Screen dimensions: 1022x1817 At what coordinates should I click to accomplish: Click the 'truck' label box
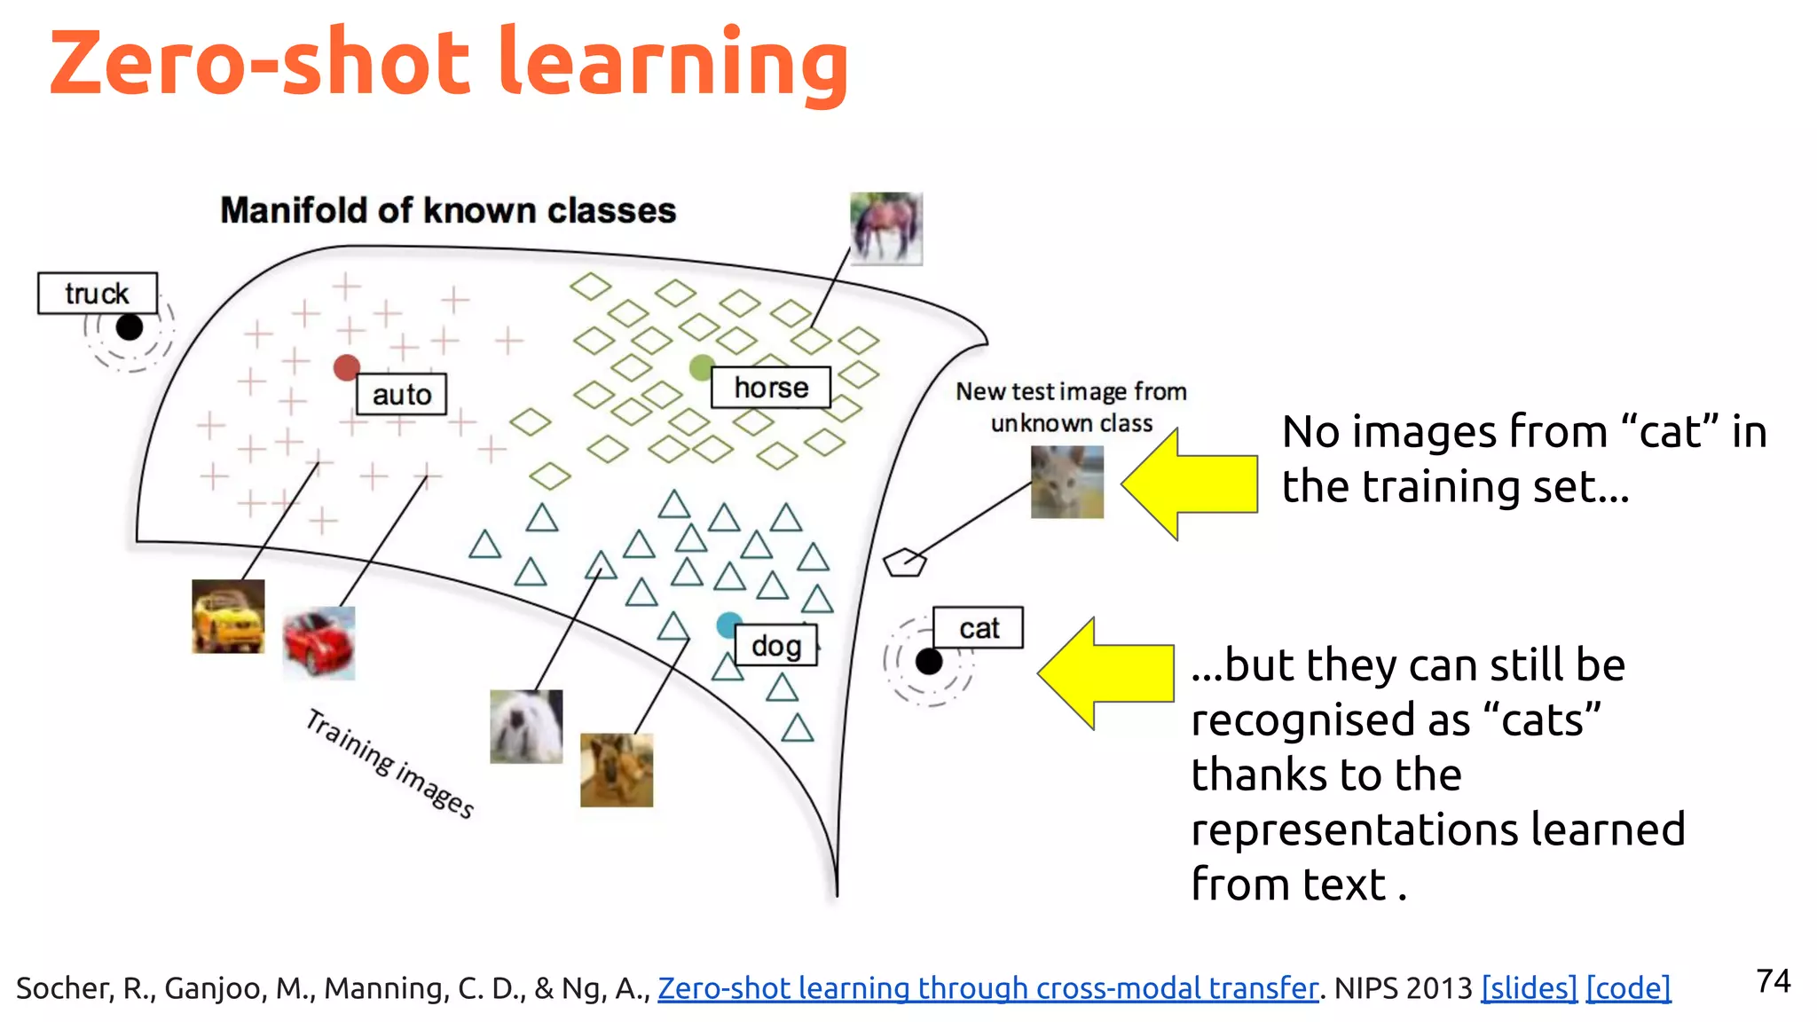[x=98, y=293]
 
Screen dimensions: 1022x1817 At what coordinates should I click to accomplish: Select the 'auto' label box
[x=401, y=394]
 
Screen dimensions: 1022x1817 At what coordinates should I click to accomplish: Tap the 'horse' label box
[x=770, y=388]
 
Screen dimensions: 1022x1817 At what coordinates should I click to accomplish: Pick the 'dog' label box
[x=775, y=645]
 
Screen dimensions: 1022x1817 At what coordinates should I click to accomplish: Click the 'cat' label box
[x=978, y=628]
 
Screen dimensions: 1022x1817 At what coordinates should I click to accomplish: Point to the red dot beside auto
[x=346, y=367]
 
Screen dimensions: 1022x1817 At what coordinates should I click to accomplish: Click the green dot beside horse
[x=701, y=366]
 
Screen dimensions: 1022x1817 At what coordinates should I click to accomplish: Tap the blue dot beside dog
[x=728, y=625]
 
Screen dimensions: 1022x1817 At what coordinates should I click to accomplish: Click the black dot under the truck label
[x=130, y=327]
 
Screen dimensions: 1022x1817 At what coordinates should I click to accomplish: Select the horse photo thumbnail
[x=885, y=229]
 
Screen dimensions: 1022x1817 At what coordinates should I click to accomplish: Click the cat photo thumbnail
[x=1066, y=482]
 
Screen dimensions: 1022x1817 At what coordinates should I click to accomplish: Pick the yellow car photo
[x=228, y=617]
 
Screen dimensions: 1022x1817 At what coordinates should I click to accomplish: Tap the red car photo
[x=319, y=643]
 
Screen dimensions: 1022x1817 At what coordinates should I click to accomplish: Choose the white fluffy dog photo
[x=526, y=727]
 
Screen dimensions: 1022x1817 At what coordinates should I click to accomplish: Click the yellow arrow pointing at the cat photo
[x=1189, y=484]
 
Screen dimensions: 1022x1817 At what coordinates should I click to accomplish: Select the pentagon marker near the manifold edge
[x=904, y=562]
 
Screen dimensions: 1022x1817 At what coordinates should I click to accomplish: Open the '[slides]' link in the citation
[x=1529, y=987]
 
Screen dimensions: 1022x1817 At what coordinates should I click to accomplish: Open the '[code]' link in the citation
[x=1628, y=987]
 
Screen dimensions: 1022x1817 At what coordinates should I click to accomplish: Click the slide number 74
[x=1773, y=981]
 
